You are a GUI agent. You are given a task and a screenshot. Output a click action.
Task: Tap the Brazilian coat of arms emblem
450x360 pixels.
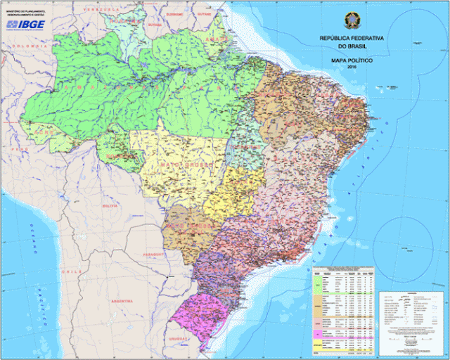tap(351, 20)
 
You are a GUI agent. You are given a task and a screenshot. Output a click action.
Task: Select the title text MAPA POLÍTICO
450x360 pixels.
tap(351, 61)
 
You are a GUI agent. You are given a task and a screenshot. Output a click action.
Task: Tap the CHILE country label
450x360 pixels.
tap(68, 270)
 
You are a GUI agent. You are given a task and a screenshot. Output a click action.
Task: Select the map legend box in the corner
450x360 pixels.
tap(411, 320)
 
